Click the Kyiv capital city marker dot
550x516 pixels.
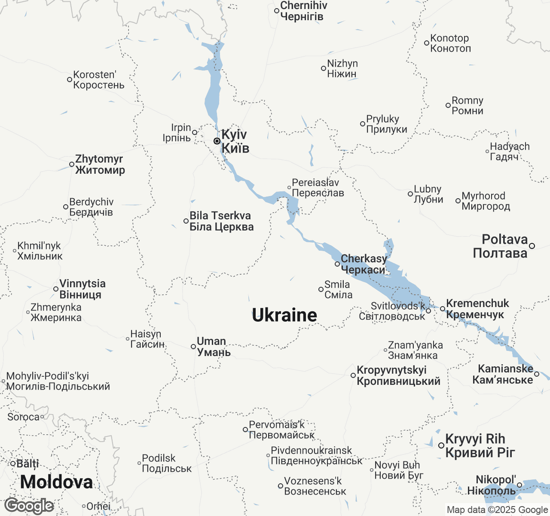[x=217, y=141]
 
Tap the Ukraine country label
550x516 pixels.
[x=284, y=315]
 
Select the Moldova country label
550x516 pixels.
[x=56, y=482]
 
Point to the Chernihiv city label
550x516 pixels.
[x=303, y=11]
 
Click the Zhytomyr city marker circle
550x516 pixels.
[x=72, y=164]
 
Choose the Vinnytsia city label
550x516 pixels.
[x=82, y=289]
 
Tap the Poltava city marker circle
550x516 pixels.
[x=532, y=246]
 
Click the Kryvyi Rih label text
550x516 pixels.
[x=480, y=445]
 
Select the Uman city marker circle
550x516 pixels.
[x=193, y=347]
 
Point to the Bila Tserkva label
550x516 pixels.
[x=221, y=221]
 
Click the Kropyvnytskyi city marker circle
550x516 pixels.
[x=353, y=375]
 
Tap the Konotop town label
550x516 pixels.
[x=450, y=43]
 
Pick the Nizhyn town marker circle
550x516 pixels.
[x=324, y=68]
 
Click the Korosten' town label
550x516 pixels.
[x=98, y=80]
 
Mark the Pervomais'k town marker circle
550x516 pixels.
[x=245, y=430]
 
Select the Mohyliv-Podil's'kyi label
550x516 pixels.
[x=58, y=381]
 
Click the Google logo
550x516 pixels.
[x=29, y=506]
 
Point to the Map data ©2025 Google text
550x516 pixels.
[x=497, y=510]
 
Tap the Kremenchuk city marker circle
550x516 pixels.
[x=443, y=309]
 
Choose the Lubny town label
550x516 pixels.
[x=428, y=194]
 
